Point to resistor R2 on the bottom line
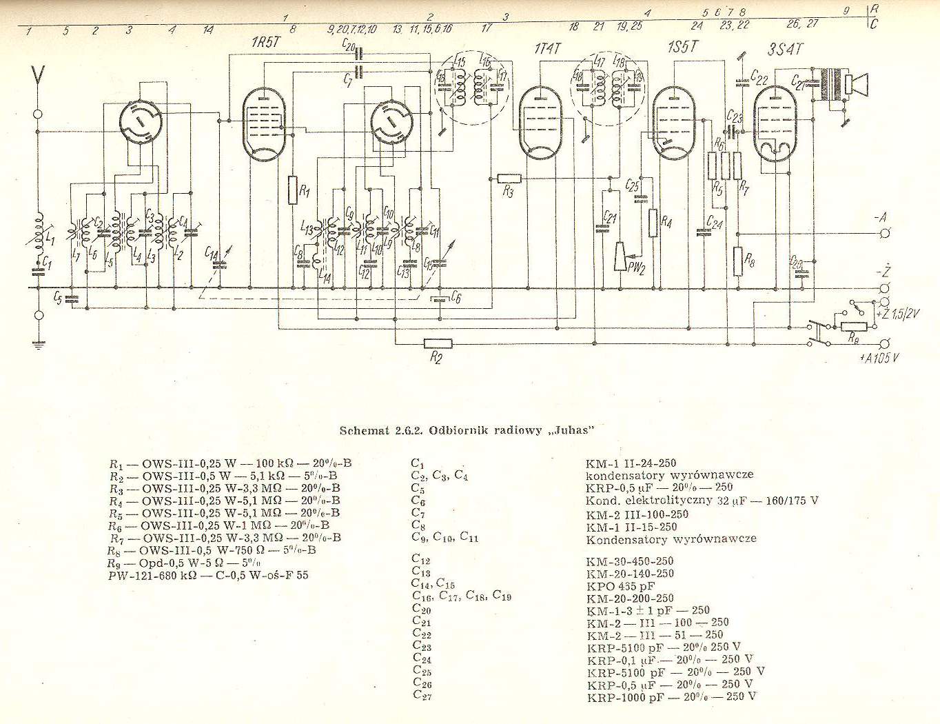point(437,343)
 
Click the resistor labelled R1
point(294,190)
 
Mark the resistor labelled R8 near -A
point(738,261)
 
